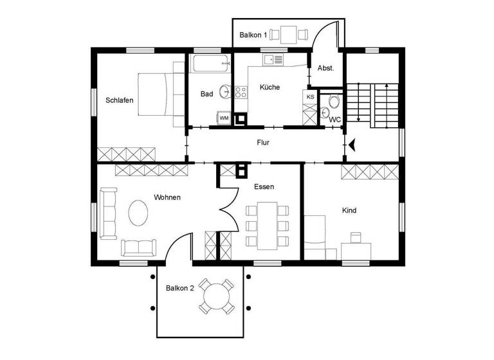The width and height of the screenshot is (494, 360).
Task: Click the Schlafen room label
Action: point(119,100)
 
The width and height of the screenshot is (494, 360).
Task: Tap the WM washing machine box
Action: point(224,118)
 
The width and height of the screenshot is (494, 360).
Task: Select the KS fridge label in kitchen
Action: point(310,97)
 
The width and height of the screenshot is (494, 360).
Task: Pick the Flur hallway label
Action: point(262,143)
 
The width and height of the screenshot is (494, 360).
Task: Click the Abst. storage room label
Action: point(325,67)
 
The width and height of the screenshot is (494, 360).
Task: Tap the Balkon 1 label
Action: point(253,35)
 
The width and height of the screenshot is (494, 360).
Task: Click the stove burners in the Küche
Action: point(241,93)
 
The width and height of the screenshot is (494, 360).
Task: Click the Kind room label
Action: point(349,210)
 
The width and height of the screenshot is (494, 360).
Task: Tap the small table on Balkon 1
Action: point(287,33)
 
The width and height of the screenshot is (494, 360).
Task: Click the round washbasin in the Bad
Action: point(224,91)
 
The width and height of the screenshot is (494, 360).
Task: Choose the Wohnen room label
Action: point(167,197)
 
